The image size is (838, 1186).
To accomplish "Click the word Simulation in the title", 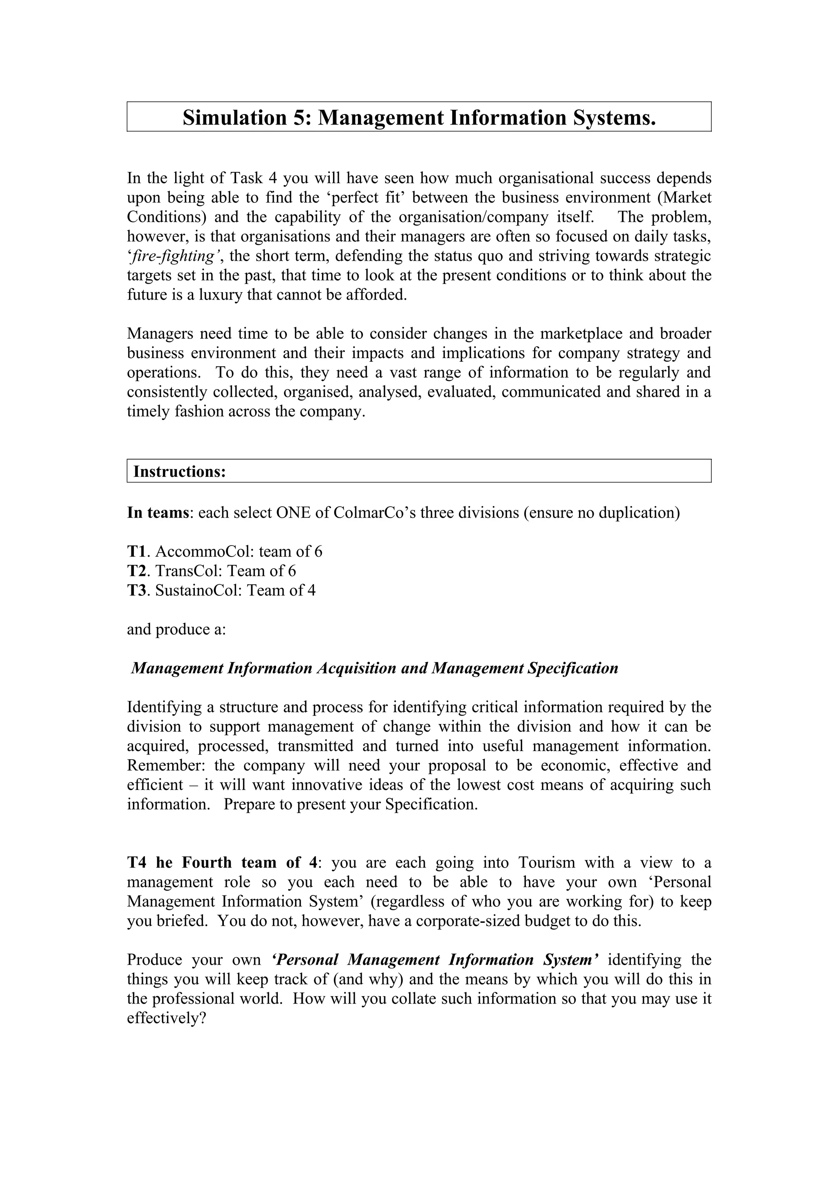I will tap(234, 118).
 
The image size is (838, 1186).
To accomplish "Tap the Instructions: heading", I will tap(179, 471).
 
